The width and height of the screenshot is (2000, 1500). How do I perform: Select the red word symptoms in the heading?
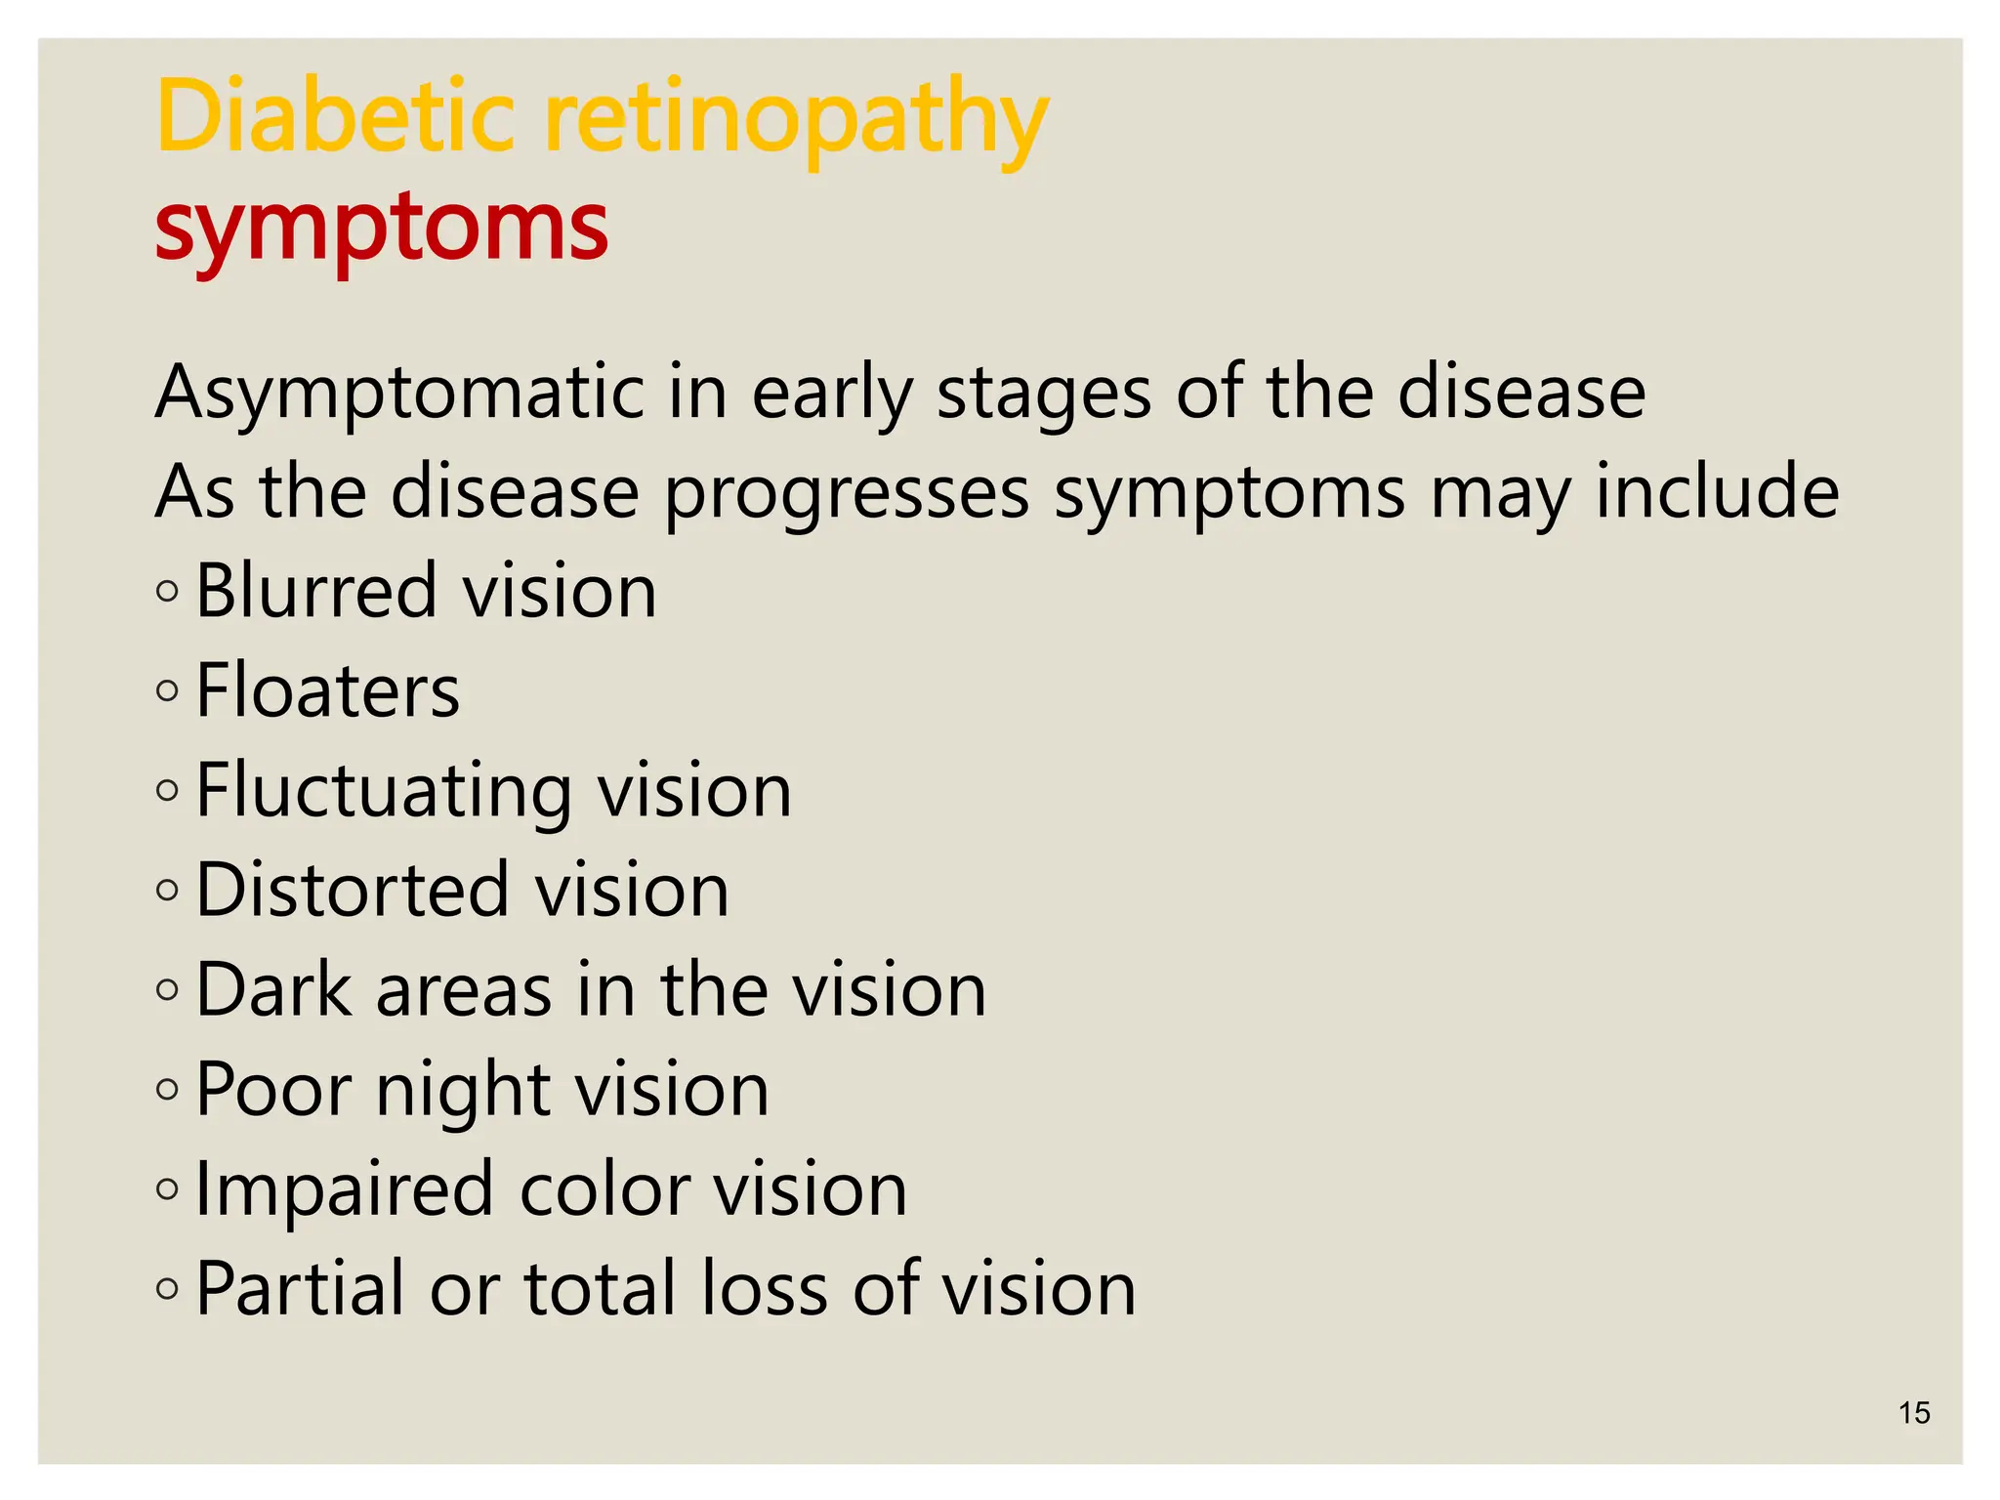pos(382,229)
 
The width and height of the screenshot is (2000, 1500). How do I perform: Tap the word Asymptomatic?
pos(398,393)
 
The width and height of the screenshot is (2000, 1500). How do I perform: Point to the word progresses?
pos(847,493)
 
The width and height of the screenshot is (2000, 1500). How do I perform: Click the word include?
pos(1717,491)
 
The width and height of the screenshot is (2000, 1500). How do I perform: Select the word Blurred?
pos(315,592)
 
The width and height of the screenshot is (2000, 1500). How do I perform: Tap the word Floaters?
pos(328,691)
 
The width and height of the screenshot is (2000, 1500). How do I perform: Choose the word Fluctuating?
pos(383,791)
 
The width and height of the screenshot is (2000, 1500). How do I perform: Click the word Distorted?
pos(352,890)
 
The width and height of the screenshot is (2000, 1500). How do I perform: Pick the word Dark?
pos(273,990)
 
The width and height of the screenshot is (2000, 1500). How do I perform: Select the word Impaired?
pos(345,1189)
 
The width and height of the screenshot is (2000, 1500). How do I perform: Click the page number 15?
pos(1914,1413)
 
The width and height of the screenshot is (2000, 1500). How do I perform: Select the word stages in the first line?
pos(1043,393)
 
